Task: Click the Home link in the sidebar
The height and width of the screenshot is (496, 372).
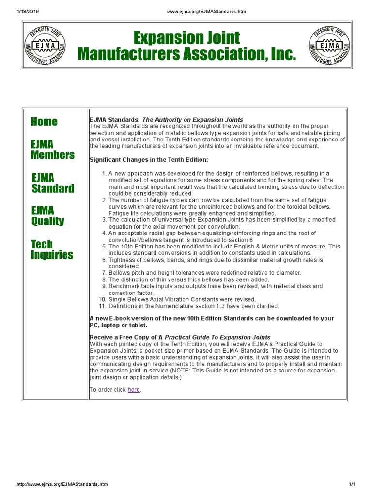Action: (44, 122)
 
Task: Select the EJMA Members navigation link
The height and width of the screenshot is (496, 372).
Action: (53, 150)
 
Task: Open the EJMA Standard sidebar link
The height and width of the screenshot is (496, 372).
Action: (53, 183)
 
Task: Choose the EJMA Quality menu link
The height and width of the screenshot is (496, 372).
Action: (47, 216)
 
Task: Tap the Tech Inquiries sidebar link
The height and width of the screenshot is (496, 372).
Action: (52, 249)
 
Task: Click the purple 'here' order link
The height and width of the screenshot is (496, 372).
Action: (134, 390)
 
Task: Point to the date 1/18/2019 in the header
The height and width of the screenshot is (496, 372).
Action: (17, 12)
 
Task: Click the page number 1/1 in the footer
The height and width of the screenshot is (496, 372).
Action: (352, 484)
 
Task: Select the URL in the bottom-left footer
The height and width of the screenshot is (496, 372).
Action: (62, 484)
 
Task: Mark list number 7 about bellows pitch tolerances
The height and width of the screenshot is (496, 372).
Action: (105, 273)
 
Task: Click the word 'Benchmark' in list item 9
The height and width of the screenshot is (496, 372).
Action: (125, 286)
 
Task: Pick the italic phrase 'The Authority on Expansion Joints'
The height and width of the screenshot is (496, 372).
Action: (193, 119)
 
